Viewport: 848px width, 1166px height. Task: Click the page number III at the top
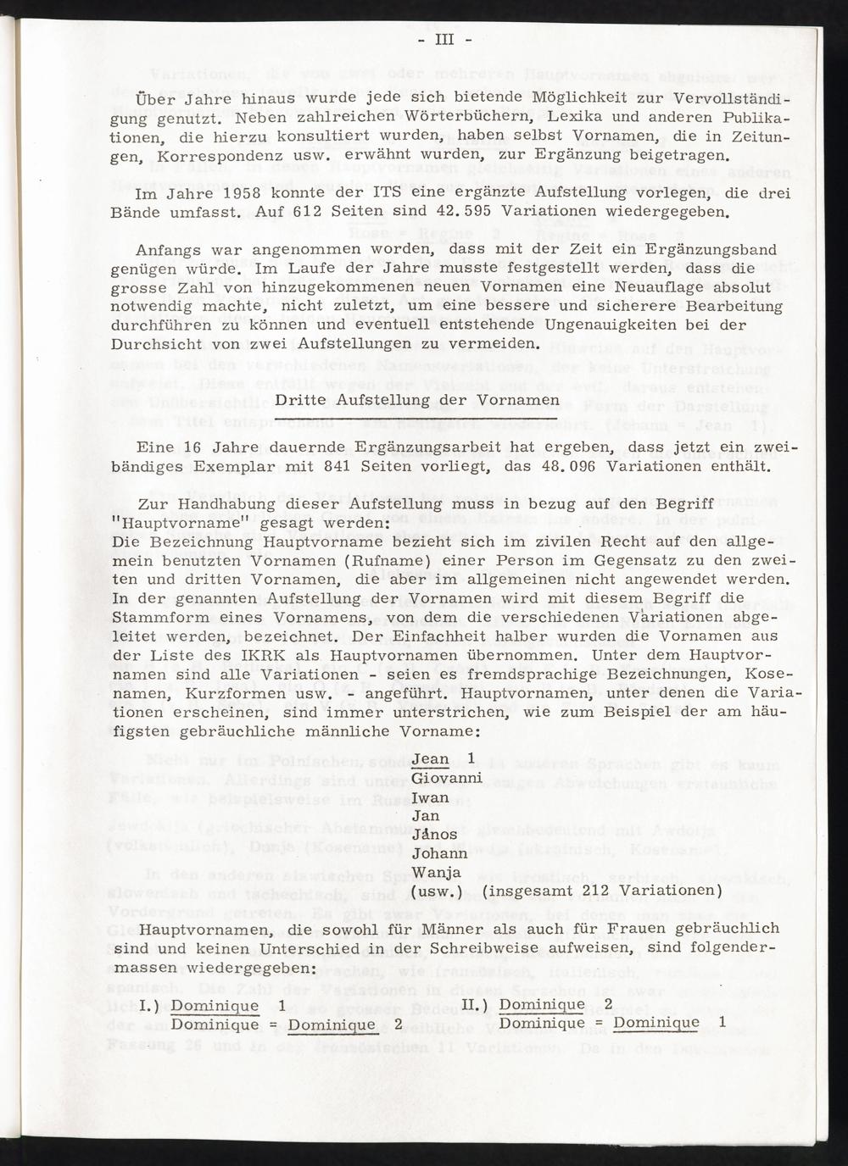click(x=446, y=41)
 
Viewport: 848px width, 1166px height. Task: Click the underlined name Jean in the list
click(x=430, y=758)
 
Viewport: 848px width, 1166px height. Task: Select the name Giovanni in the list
click(x=446, y=778)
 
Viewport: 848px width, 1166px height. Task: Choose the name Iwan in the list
click(x=431, y=797)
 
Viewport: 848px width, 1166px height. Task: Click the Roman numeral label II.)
click(x=478, y=1004)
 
